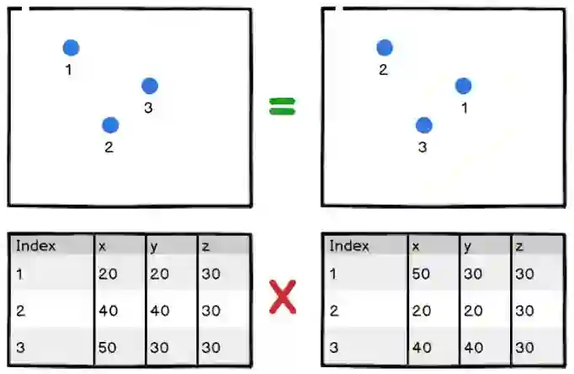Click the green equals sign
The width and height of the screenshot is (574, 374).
(283, 106)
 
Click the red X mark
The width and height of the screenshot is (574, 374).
(282, 297)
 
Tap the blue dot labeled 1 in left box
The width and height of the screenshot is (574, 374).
(71, 48)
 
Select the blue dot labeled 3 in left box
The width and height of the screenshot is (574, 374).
(149, 85)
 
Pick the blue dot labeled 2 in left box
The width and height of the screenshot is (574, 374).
(110, 125)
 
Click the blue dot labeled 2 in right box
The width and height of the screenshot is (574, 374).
(384, 48)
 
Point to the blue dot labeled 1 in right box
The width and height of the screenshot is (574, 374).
(463, 85)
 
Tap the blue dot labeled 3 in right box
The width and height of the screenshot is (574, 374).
(423, 125)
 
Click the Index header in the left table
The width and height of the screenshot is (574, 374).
(35, 246)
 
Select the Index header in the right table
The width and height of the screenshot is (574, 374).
(349, 246)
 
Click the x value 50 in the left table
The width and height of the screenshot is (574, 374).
(108, 347)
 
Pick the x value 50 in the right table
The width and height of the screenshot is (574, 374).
(422, 274)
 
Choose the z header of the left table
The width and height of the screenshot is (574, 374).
(205, 246)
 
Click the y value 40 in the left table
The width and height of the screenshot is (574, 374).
(160, 311)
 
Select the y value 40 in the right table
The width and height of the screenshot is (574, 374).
(474, 347)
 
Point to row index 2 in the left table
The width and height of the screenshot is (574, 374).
(20, 311)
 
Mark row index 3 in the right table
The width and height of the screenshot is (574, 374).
(333, 347)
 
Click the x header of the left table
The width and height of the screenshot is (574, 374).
(102, 246)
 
